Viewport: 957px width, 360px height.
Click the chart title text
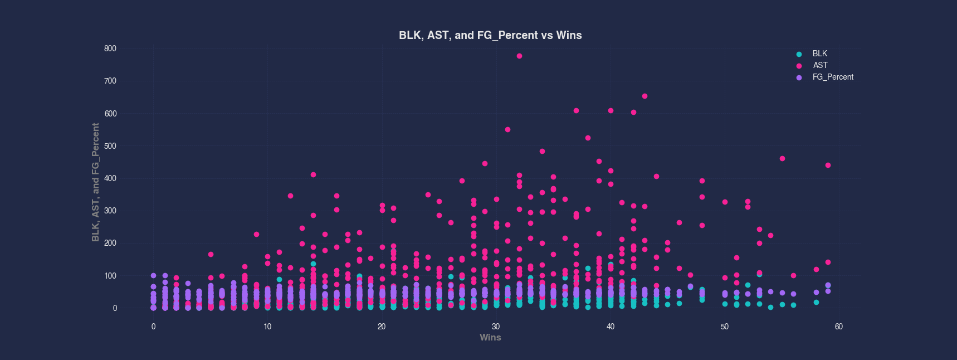pos(490,35)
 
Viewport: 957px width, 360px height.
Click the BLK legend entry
pos(819,53)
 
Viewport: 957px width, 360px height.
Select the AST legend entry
pos(820,65)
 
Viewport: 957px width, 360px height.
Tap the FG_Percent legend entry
pos(832,77)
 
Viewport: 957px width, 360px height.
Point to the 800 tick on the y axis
pos(110,48)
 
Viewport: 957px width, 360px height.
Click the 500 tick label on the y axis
pos(110,146)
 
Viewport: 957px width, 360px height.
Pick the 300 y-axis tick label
pos(110,211)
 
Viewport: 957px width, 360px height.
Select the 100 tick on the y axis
pos(110,276)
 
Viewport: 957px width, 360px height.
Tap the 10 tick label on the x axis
pos(267,327)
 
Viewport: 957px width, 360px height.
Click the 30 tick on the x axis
pos(496,327)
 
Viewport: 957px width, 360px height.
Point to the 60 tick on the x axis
pos(838,327)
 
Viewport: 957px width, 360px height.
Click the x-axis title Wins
pos(490,337)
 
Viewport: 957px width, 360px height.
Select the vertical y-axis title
pos(96,182)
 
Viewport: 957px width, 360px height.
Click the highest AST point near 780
pos(519,56)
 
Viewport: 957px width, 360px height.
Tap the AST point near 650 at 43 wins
pos(644,96)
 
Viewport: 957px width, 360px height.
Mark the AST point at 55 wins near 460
pos(782,158)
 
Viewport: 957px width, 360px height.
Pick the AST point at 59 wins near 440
pos(828,165)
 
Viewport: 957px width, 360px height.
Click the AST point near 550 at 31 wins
pos(507,129)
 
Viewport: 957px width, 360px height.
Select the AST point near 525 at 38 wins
pos(588,138)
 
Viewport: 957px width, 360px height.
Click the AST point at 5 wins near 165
pos(211,254)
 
